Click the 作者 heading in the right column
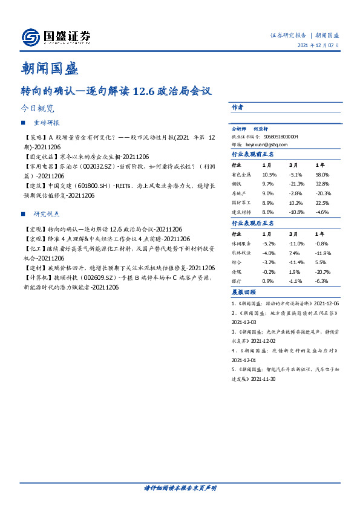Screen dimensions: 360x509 238,107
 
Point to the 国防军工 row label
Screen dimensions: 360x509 242,203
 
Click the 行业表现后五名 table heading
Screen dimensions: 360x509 253,223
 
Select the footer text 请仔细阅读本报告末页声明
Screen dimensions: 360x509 180,488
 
